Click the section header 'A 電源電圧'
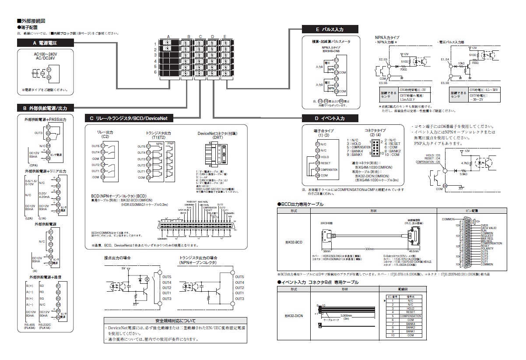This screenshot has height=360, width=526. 45,43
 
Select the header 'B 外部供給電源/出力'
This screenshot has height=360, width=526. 45,108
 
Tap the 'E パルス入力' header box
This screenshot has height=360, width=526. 330,29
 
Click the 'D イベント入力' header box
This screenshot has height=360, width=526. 330,118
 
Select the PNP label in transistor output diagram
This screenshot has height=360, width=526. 171,143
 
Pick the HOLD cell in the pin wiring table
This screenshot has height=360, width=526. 410,308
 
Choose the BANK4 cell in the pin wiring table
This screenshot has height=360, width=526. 410,324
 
